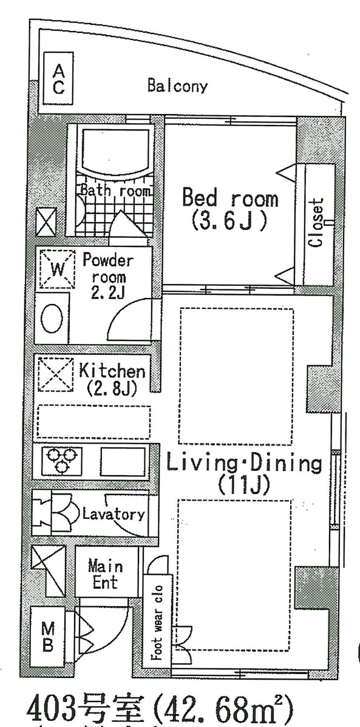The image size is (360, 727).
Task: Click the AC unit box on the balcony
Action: [58, 80]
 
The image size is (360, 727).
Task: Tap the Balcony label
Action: [177, 86]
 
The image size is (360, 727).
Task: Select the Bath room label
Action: [115, 191]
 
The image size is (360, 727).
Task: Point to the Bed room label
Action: [230, 198]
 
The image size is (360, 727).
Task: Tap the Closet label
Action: [316, 223]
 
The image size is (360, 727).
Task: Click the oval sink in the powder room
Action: [52, 319]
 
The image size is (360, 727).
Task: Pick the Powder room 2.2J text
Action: [107, 277]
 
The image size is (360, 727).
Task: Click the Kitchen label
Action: [112, 371]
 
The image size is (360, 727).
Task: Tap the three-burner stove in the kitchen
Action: [61, 459]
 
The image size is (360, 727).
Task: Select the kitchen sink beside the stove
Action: [123, 461]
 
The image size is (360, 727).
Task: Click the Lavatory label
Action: [114, 515]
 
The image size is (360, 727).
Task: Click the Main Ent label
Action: [105, 574]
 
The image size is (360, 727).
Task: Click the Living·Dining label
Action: [244, 464]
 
